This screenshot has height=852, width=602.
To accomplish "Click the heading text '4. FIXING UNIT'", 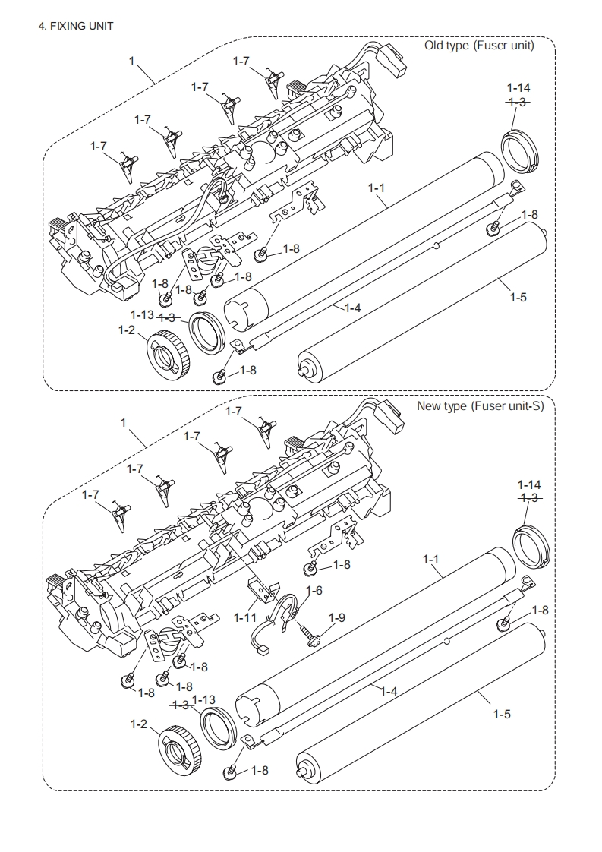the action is point(76,26).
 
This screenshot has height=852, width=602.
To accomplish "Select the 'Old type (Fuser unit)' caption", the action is point(479,45).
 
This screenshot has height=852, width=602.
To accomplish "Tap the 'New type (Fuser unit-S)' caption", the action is point(480,406).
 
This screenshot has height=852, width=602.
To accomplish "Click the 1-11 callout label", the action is point(245,618).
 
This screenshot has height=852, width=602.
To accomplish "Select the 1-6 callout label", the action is point(314,591).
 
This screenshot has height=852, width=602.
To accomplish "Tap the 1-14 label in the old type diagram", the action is point(518,88).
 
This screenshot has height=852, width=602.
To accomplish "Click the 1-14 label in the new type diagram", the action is point(529,484).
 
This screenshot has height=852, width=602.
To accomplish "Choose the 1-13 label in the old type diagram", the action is point(143,314).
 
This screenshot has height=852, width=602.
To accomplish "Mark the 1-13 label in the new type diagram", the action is point(203,700).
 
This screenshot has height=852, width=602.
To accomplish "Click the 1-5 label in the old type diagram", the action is point(518,297).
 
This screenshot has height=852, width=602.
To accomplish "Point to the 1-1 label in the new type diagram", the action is point(430,559).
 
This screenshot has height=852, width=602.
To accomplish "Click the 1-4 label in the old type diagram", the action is point(352,308).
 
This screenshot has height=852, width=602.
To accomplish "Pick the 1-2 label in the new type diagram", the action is point(139,724).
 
